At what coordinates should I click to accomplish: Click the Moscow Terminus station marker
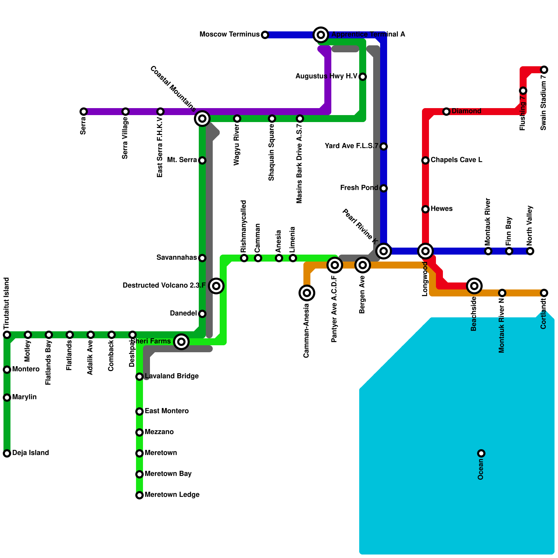pyautogui.click(x=265, y=35)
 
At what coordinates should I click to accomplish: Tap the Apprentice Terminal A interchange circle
pyautogui.click(x=321, y=35)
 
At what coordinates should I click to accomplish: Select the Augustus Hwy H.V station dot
pyautogui.click(x=363, y=77)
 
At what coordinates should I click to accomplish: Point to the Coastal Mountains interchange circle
pyautogui.click(x=202, y=119)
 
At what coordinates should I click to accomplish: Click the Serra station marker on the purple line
pyautogui.click(x=84, y=112)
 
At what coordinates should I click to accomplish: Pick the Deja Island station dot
pyautogui.click(x=7, y=453)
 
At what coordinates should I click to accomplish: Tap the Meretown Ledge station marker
pyautogui.click(x=139, y=495)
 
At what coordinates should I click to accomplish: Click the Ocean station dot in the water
pyautogui.click(x=481, y=453)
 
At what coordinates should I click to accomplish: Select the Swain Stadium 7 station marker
pyautogui.click(x=544, y=70)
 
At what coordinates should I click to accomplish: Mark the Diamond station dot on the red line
pyautogui.click(x=446, y=112)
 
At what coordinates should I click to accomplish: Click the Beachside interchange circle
pyautogui.click(x=474, y=286)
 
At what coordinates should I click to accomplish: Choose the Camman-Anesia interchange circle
pyautogui.click(x=307, y=293)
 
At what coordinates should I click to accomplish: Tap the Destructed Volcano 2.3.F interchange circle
pyautogui.click(x=216, y=286)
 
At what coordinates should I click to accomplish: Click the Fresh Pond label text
pyautogui.click(x=359, y=188)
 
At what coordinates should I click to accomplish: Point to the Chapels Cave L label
pyautogui.click(x=456, y=160)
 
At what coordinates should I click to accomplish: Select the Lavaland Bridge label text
pyautogui.click(x=172, y=376)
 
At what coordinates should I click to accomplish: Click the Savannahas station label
pyautogui.click(x=176, y=258)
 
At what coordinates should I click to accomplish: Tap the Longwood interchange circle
pyautogui.click(x=425, y=251)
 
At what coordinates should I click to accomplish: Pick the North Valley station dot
pyautogui.click(x=530, y=251)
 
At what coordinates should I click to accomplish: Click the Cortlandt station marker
pyautogui.click(x=544, y=293)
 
